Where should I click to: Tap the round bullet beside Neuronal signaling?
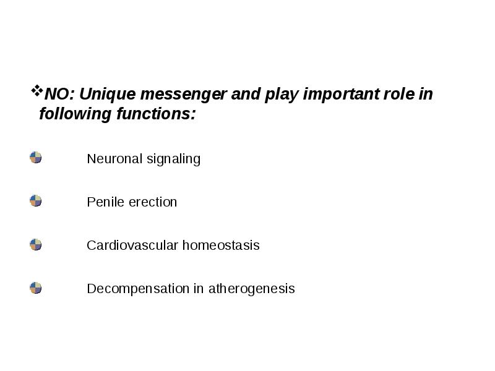point(36,158)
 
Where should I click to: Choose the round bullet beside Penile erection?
point(36,201)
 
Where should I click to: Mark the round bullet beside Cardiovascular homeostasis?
point(36,244)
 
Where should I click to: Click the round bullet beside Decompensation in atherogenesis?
point(36,288)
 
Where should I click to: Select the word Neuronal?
point(114,159)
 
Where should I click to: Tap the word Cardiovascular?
point(129,245)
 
